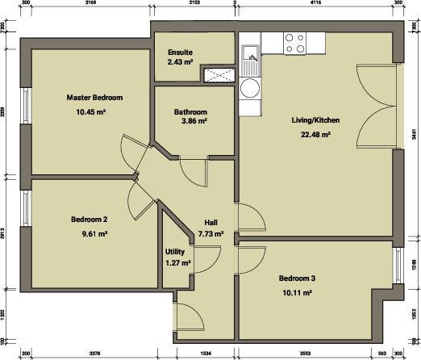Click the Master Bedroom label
pyautogui.click(x=94, y=97)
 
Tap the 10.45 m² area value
pyautogui.click(x=91, y=111)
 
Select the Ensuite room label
pyautogui.click(x=180, y=51)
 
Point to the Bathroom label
pyautogui.click(x=190, y=111)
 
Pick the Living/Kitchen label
pyautogui.click(x=315, y=120)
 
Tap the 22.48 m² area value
pyautogui.click(x=315, y=135)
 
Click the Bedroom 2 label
pyautogui.click(x=89, y=220)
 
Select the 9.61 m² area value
pyautogui.click(x=94, y=234)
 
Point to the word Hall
pyautogui.click(x=210, y=223)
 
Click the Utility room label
pyautogui.click(x=175, y=252)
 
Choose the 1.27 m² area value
pyautogui.click(x=177, y=262)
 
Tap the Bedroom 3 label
pyautogui.click(x=297, y=278)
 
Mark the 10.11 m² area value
pyautogui.click(x=297, y=292)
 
